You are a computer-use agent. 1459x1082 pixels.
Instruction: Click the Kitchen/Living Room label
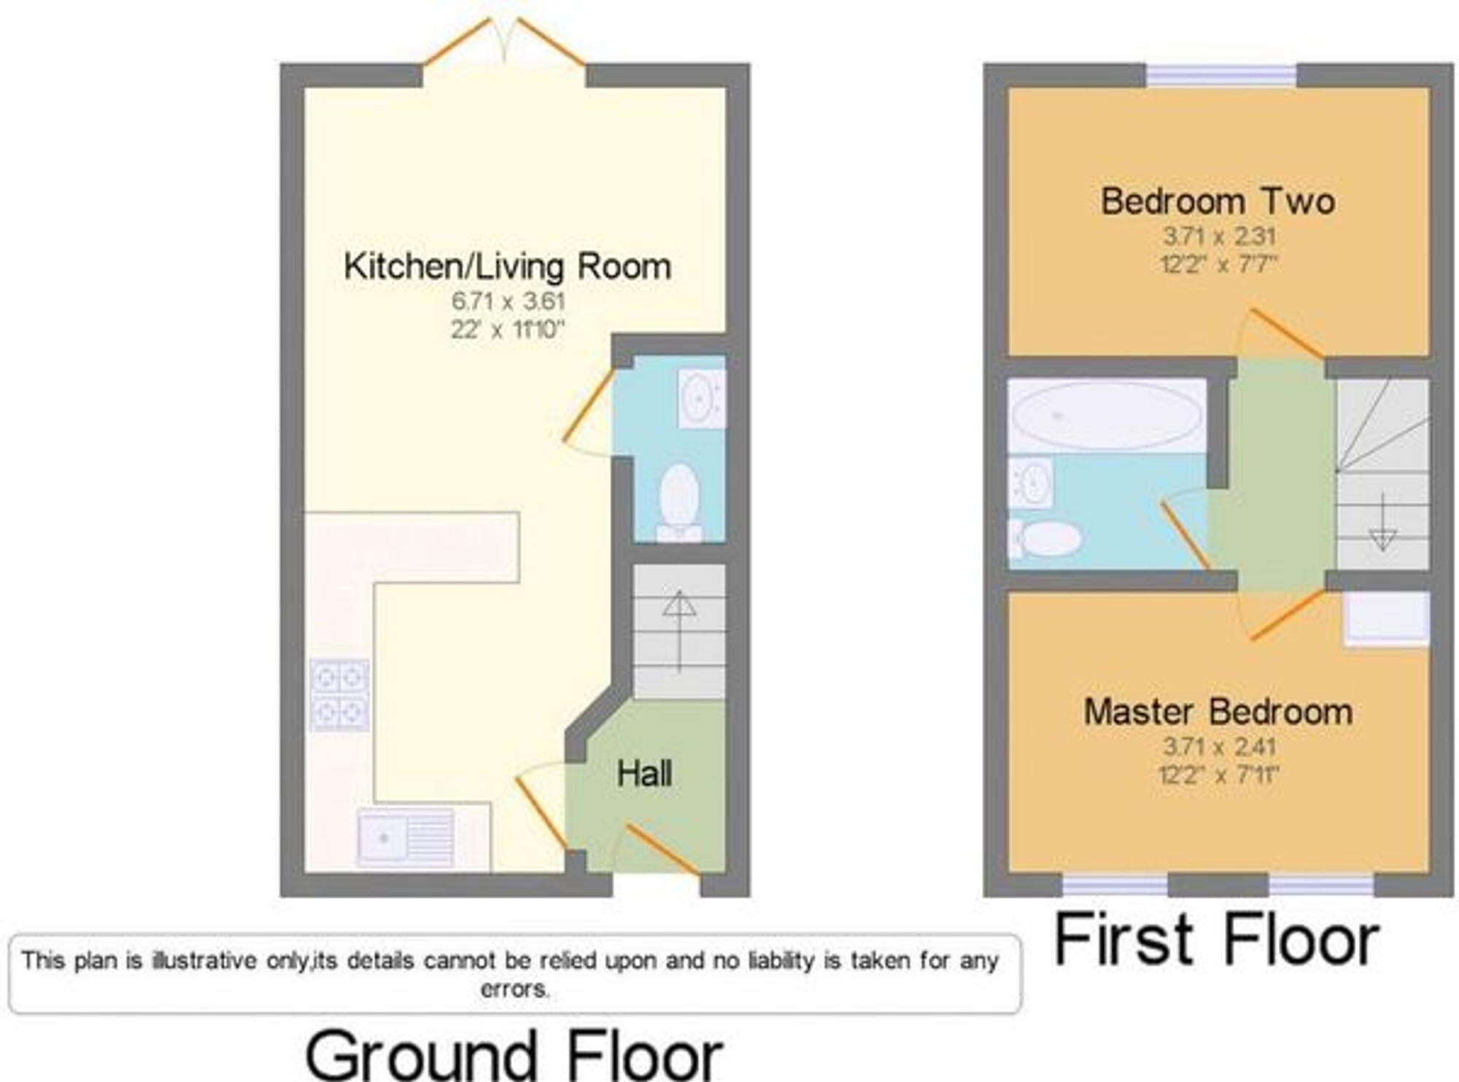pyautogui.click(x=507, y=266)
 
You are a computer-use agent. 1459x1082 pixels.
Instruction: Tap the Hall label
pyautogui.click(x=644, y=774)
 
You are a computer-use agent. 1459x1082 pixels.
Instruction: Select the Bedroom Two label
pyautogui.click(x=1218, y=201)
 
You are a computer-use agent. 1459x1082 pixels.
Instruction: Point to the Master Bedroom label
pyautogui.click(x=1218, y=711)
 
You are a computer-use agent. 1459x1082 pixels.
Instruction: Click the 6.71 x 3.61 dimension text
pyautogui.click(x=508, y=301)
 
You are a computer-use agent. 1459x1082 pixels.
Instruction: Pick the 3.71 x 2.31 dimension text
pyautogui.click(x=1218, y=236)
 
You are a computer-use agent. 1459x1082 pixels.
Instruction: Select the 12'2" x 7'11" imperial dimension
pyautogui.click(x=1218, y=774)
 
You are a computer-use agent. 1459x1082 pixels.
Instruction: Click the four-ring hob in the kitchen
pyautogui.click(x=339, y=695)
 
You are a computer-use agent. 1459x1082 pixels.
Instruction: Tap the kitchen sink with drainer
pyautogui.click(x=406, y=837)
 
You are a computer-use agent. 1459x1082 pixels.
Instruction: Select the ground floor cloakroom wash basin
pyautogui.click(x=701, y=398)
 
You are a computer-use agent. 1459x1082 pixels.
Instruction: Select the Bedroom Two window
pyautogui.click(x=1221, y=75)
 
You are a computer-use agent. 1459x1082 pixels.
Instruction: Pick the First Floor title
pyautogui.click(x=1216, y=941)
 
